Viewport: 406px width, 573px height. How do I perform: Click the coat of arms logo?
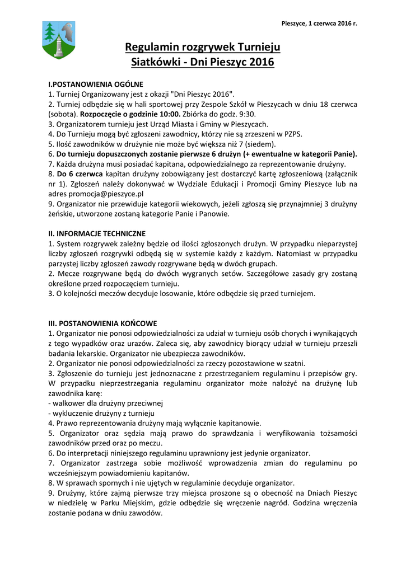59,40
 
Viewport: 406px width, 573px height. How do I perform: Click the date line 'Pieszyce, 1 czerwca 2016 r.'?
319,23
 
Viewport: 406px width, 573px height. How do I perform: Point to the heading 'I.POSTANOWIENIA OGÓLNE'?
96,84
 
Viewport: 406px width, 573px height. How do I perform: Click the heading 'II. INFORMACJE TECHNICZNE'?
97,233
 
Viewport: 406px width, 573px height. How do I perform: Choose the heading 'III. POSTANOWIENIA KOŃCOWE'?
102,323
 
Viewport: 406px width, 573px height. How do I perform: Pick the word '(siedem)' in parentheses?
260,144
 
